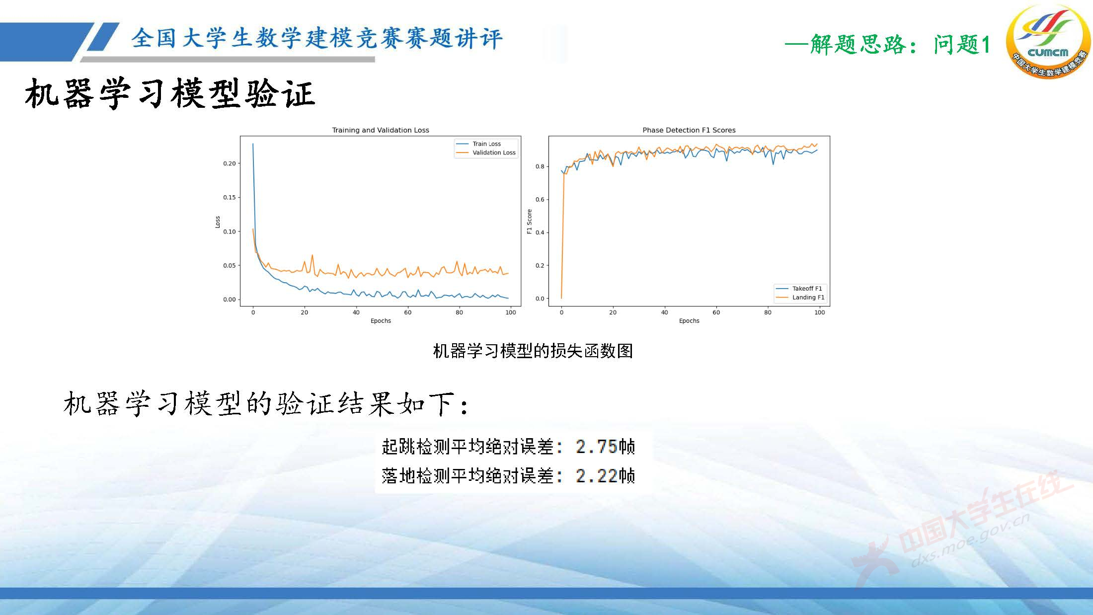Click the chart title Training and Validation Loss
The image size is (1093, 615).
tap(381, 130)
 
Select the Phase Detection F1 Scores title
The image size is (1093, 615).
tap(689, 130)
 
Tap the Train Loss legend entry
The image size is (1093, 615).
tap(486, 144)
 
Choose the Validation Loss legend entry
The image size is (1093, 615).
tap(493, 153)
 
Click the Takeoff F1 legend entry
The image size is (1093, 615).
tap(806, 288)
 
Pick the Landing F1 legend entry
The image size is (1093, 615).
tap(808, 297)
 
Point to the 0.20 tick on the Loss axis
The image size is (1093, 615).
tap(229, 163)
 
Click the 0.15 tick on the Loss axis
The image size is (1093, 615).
tap(229, 197)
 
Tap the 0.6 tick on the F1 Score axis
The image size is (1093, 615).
tap(540, 199)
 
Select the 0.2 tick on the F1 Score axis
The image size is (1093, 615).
tap(540, 265)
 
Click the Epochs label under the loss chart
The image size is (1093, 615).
tap(381, 321)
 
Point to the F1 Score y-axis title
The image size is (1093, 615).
tap(529, 222)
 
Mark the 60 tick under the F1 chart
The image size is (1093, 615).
tap(716, 312)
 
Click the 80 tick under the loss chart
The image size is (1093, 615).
tap(459, 312)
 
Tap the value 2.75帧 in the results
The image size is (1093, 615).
tap(605, 447)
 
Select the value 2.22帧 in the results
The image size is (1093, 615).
tap(605, 476)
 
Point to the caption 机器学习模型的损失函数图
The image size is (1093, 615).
tap(533, 351)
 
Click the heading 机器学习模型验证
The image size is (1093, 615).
tap(170, 94)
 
